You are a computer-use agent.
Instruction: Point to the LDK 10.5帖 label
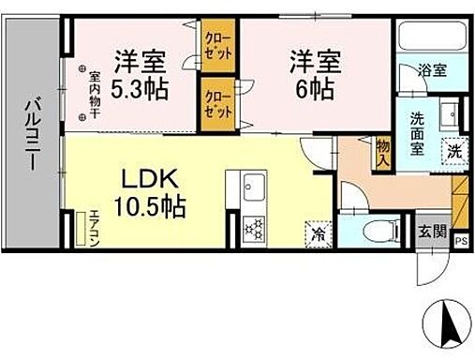click(151, 191)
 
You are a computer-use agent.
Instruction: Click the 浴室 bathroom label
click(432, 69)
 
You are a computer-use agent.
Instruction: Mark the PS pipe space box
click(460, 241)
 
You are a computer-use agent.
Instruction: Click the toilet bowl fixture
click(375, 228)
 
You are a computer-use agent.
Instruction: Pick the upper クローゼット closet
click(218, 44)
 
